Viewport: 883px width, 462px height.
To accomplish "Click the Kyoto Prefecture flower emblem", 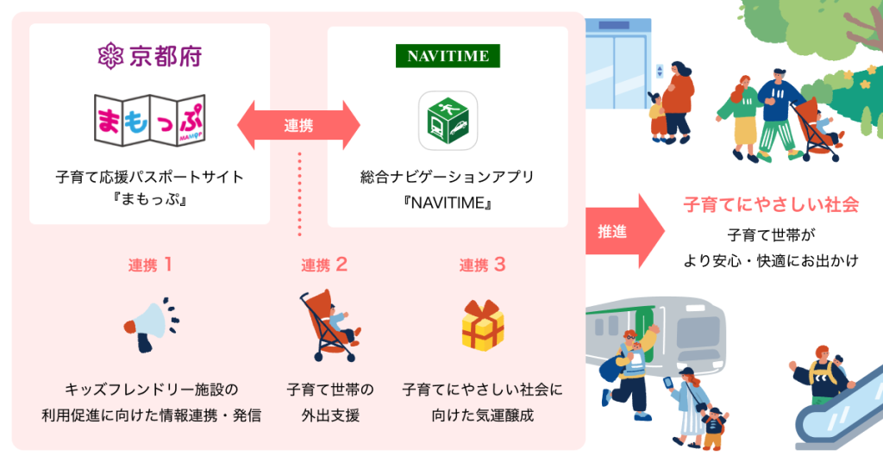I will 110,58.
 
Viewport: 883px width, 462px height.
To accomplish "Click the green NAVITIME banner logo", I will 447,57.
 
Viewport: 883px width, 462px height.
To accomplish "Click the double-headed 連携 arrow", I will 298,125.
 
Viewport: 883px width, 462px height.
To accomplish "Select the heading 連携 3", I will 482,265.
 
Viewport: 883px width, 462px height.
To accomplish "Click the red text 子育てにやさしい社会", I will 771,205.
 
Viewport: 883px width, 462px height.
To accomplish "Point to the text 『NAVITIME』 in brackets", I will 448,204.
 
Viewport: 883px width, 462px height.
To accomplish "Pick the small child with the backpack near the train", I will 713,426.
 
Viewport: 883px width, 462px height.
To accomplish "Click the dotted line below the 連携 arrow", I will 298,194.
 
